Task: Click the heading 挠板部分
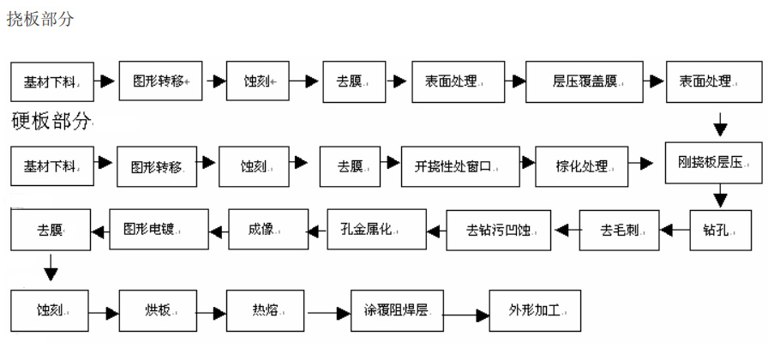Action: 40,19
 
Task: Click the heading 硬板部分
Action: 51,122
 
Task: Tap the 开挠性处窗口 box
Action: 461,165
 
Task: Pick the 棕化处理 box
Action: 582,165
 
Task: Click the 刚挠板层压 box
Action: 714,162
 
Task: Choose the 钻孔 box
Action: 714,229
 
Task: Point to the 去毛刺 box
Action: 619,229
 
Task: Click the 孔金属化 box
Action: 377,229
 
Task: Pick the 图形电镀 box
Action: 154,229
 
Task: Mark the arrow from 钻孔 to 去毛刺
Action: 675,230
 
